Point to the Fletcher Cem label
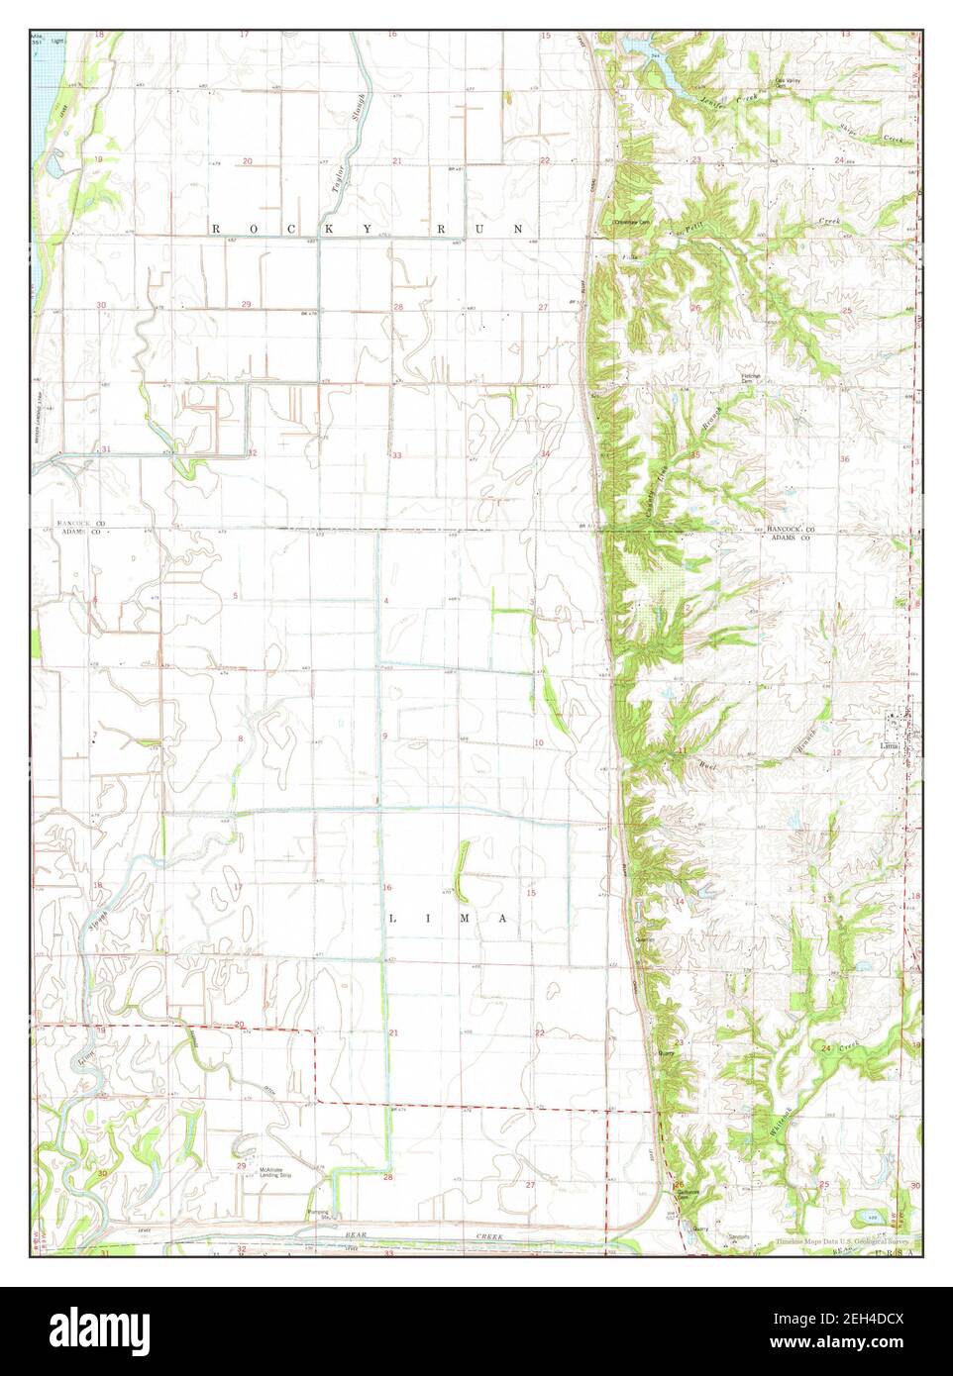tap(755, 379)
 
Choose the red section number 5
tap(235, 595)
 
